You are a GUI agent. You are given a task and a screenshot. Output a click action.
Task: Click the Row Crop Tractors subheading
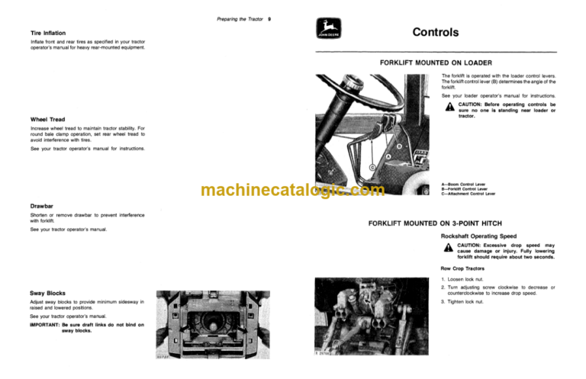pos(466,268)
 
